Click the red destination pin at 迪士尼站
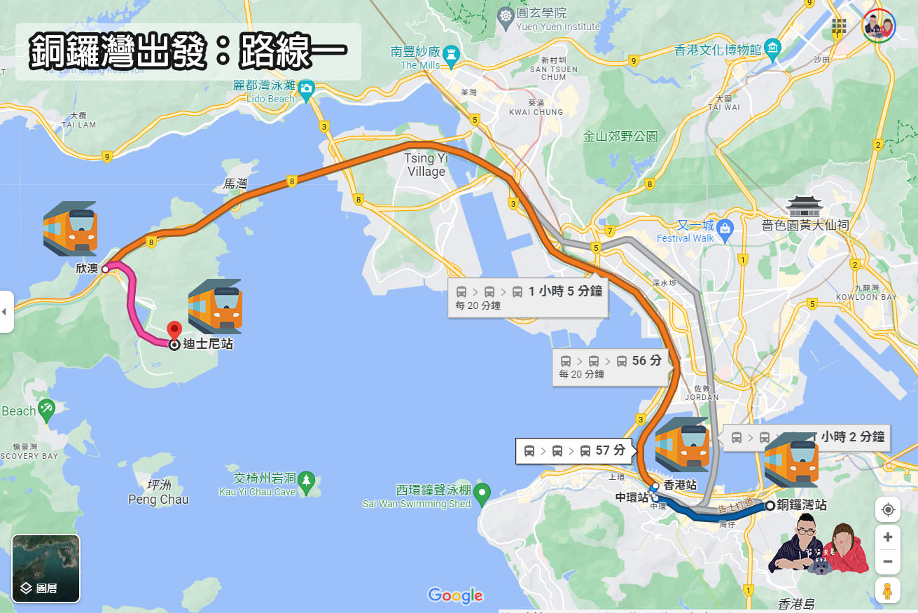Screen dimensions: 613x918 pyautogui.click(x=174, y=331)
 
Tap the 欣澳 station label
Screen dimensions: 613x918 pyautogui.click(x=88, y=268)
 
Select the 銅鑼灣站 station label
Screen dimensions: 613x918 pyautogui.click(x=802, y=505)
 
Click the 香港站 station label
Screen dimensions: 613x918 pyautogui.click(x=679, y=485)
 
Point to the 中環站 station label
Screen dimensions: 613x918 pyautogui.click(x=632, y=497)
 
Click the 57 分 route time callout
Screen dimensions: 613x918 pyautogui.click(x=574, y=450)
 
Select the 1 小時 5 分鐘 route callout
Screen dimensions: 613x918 pyautogui.click(x=528, y=297)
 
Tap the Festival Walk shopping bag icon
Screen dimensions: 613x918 pyautogui.click(x=725, y=227)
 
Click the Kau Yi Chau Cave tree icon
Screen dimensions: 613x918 pyautogui.click(x=306, y=481)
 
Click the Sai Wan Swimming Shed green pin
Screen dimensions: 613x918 pyautogui.click(x=482, y=495)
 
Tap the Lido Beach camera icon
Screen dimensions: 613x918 pyautogui.click(x=306, y=89)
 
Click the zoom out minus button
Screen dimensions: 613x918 pyautogui.click(x=887, y=562)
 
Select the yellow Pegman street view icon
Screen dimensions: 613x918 pyautogui.click(x=887, y=591)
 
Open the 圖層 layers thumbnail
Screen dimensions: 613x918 pyautogui.click(x=46, y=568)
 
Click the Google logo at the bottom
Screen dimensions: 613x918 pyautogui.click(x=455, y=595)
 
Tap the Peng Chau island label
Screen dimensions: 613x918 pyautogui.click(x=158, y=493)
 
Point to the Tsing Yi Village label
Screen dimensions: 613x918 pyautogui.click(x=425, y=165)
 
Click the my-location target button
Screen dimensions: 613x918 pyautogui.click(x=887, y=509)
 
